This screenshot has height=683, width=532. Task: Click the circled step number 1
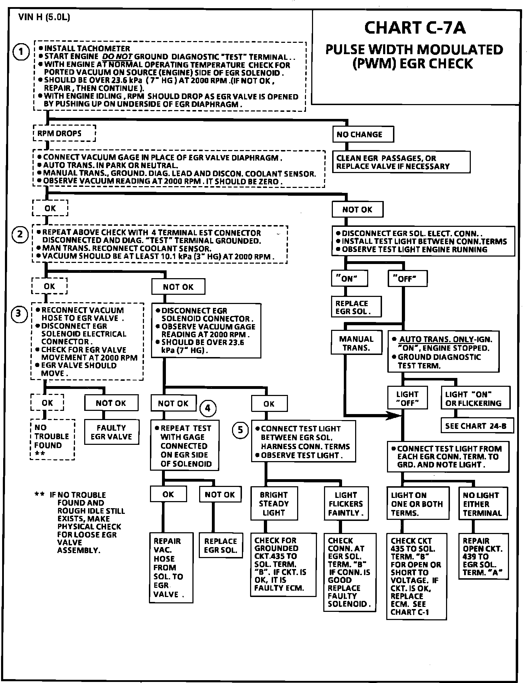[x=21, y=52]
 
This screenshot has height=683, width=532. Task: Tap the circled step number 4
[x=208, y=408]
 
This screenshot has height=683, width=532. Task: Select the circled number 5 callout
[x=240, y=430]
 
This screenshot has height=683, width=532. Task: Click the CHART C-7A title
[x=415, y=28]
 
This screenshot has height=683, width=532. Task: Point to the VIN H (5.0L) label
[x=44, y=17]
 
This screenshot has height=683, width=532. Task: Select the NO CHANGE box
[x=363, y=134]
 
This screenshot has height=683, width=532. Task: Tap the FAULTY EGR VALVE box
[x=111, y=432]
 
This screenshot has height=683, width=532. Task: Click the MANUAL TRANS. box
[x=357, y=343]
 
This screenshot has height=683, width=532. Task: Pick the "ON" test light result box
[x=349, y=279]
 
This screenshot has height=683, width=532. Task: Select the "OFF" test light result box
[x=407, y=279]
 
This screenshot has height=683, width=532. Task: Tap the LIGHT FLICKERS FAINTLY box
[x=346, y=504]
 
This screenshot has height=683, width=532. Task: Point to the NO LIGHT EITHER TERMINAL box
[x=482, y=504]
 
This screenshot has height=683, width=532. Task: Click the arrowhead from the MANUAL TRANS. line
[x=394, y=416]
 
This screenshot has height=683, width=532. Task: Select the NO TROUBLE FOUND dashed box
[x=52, y=439]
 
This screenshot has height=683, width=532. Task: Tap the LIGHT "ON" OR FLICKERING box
[x=475, y=398]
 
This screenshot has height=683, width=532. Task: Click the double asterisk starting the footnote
[x=39, y=495]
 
